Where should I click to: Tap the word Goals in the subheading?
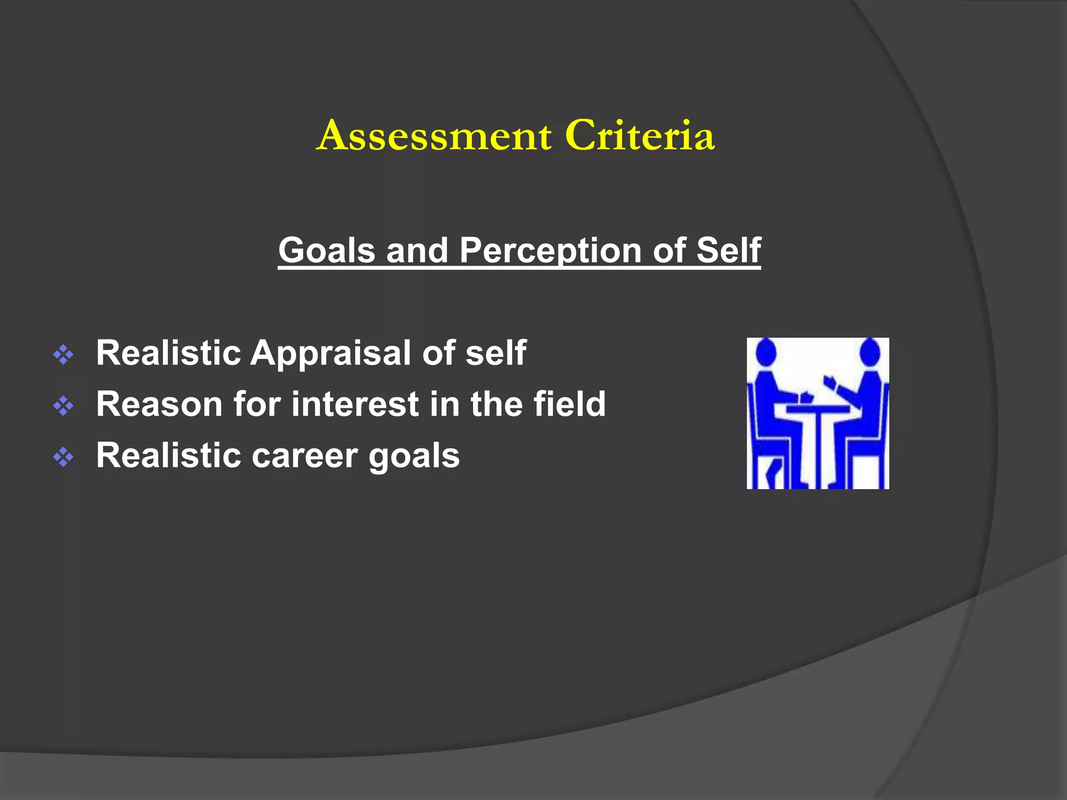click(327, 251)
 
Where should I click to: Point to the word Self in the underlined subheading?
click(728, 251)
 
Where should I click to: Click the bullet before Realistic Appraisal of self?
click(63, 355)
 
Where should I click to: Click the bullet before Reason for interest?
click(63, 406)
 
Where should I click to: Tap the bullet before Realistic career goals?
click(63, 457)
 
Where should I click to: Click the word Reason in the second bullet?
click(159, 405)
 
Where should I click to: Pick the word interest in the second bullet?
click(355, 405)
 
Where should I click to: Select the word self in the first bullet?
click(495, 354)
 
